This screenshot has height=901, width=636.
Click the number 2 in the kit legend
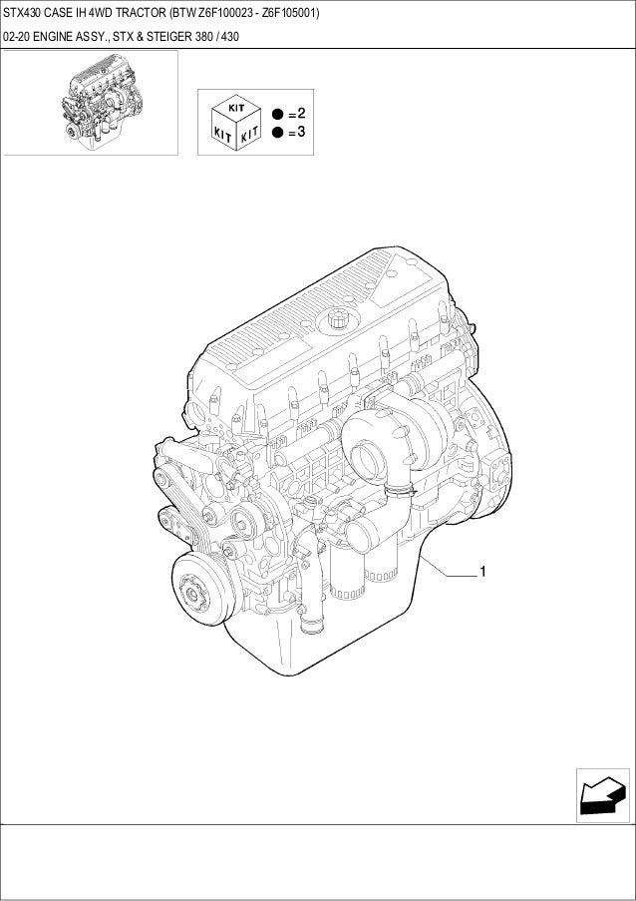click(x=301, y=113)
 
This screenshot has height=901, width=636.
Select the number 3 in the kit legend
click(x=301, y=132)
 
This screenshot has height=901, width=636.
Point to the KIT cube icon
click(x=236, y=123)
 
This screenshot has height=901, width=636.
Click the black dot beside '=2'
click(x=278, y=114)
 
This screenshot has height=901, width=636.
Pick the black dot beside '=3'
click(x=278, y=133)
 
